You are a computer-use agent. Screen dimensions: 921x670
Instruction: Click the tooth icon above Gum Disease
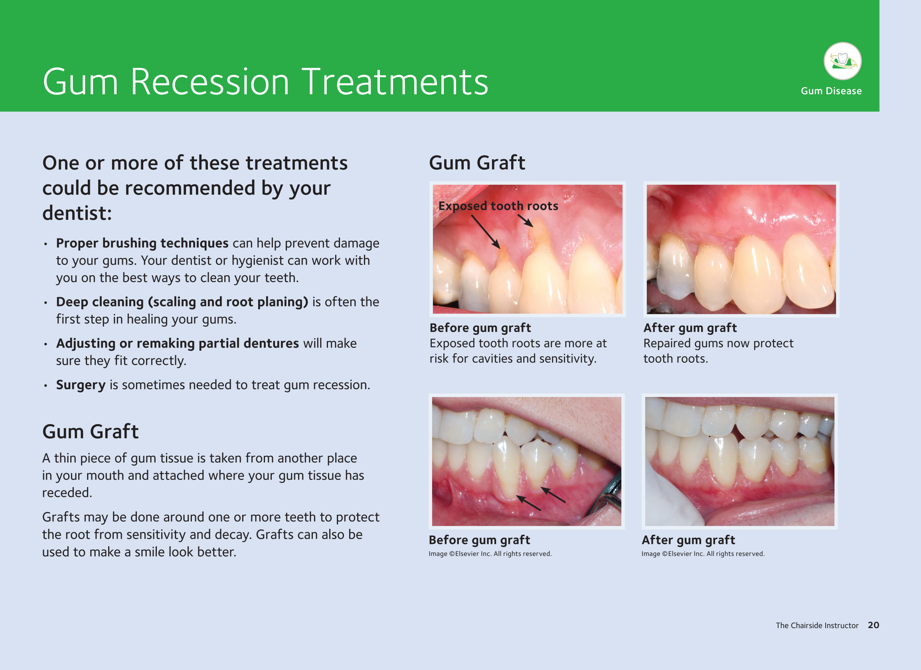coord(843,61)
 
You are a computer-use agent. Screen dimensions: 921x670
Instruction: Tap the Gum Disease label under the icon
coord(831,91)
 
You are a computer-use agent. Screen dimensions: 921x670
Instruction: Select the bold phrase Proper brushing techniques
coord(142,243)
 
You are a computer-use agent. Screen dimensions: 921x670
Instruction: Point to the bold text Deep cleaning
coord(100,302)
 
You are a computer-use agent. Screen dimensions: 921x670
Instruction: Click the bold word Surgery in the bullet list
coord(81,385)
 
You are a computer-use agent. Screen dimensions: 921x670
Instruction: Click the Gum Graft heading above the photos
coord(477,163)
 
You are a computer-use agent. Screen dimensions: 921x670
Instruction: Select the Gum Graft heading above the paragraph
coord(91,431)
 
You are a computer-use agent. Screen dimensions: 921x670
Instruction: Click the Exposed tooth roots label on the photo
coord(498,206)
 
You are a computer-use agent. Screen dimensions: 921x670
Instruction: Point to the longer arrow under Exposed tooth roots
coord(486,232)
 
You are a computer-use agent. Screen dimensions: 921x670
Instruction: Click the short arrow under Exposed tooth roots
coord(525,221)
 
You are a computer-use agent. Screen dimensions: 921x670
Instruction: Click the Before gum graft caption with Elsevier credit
coord(480,540)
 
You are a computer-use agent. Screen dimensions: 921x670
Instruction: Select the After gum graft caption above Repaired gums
coord(690,328)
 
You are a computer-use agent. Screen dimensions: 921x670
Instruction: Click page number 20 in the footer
coord(874,625)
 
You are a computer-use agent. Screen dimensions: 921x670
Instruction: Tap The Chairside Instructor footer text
coord(817,625)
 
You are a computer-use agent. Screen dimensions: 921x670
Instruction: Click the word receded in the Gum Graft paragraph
coord(67,492)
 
